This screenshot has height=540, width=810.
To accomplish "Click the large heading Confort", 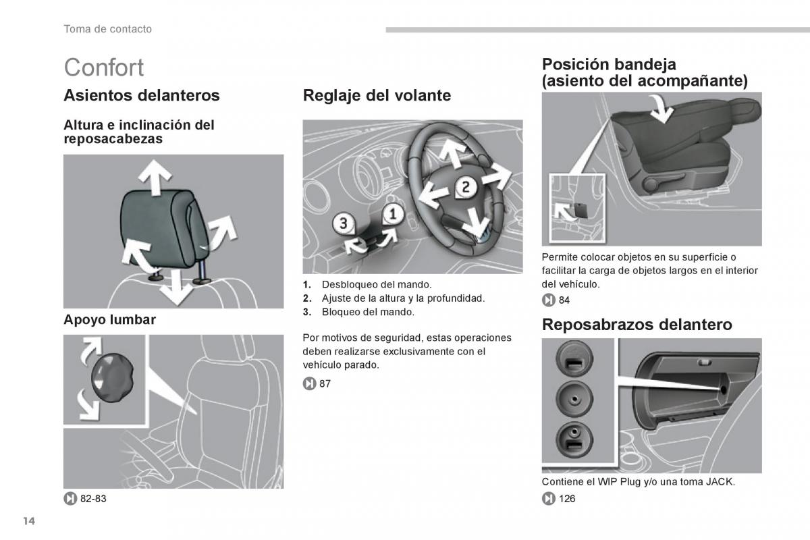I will click(x=104, y=67).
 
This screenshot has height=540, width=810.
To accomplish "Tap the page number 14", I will click(x=28, y=521).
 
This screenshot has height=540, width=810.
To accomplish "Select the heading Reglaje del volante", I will click(x=377, y=95).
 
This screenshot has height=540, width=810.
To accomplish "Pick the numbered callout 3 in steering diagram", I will click(x=343, y=223).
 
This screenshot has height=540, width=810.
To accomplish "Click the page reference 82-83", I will click(x=93, y=499).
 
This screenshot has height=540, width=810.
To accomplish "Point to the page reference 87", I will click(x=325, y=383).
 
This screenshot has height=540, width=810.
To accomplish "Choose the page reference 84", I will click(x=564, y=300).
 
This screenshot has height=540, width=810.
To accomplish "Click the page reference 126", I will click(x=566, y=499).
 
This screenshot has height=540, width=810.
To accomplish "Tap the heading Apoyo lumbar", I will click(x=109, y=320).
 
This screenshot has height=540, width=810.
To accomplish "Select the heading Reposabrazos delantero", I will click(x=637, y=325).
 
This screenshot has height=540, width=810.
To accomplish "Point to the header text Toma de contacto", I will click(x=107, y=29).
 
